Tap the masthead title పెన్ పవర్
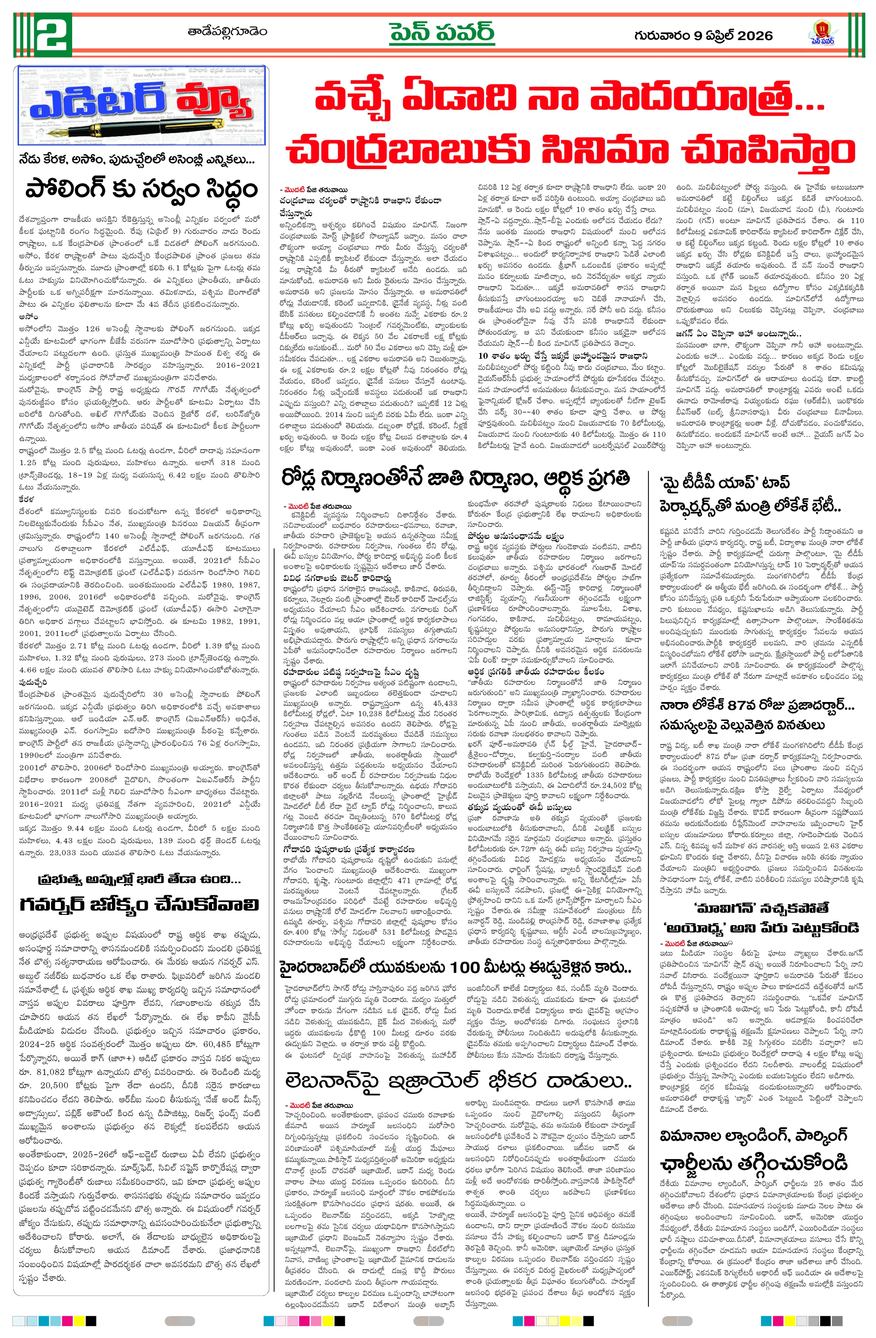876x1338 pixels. pos(442,32)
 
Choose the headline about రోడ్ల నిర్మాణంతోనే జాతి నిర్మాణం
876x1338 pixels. pos(456,478)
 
